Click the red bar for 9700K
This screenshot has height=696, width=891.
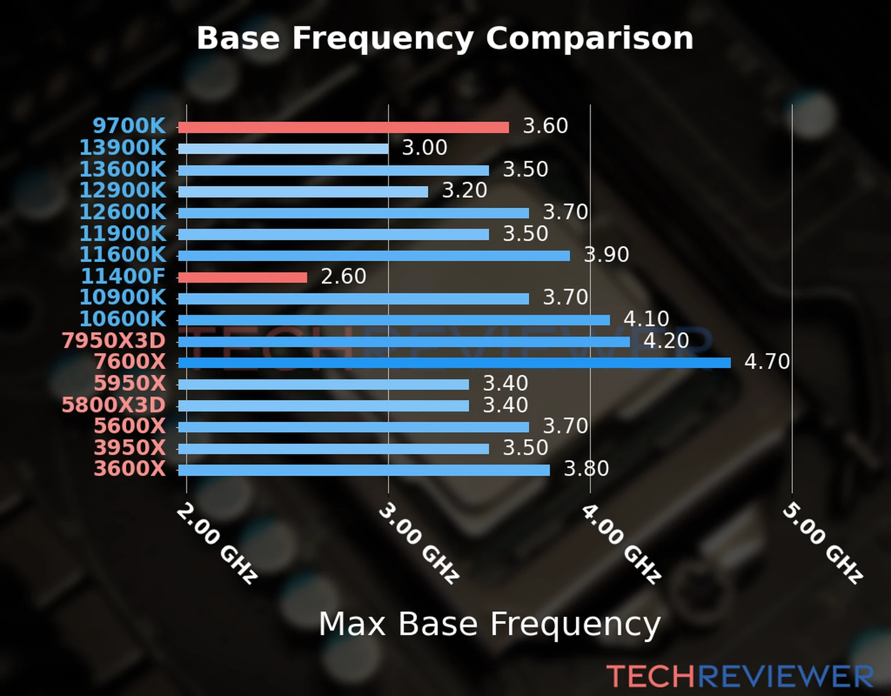(343, 128)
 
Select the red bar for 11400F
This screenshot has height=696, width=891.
(242, 277)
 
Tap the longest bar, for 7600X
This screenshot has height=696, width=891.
(454, 363)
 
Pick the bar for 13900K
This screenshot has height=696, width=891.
(283, 149)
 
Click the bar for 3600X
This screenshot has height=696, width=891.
(364, 470)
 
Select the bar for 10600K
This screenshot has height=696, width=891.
(394, 320)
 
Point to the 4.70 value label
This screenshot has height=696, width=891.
(767, 362)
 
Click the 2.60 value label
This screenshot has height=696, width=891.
(343, 276)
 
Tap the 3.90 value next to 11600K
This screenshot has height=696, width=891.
(606, 255)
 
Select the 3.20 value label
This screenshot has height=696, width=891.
(465, 190)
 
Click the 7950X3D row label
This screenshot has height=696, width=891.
(114, 340)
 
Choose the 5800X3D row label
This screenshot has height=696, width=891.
(114, 405)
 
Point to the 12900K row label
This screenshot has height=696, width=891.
(122, 190)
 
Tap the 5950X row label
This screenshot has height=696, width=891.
(129, 383)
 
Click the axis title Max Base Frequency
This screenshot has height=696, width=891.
(490, 624)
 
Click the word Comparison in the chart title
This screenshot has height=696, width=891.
(589, 38)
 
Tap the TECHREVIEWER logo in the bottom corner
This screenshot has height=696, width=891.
(740, 676)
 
